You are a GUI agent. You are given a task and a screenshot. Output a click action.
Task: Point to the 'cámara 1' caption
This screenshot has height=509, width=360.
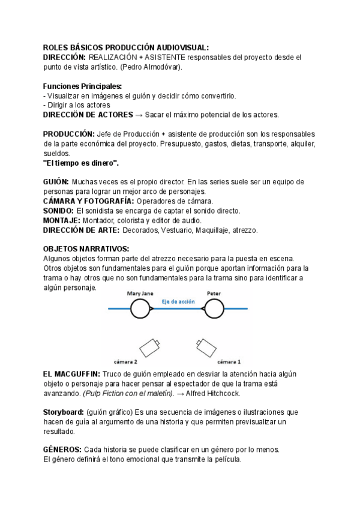click(x=229, y=362)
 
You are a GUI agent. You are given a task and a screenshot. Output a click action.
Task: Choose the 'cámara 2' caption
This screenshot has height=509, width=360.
click(x=126, y=362)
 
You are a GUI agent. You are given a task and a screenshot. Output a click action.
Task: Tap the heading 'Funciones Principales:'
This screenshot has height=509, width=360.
click(x=82, y=86)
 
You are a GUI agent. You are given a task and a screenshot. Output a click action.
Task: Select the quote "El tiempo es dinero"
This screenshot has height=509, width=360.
click(x=81, y=163)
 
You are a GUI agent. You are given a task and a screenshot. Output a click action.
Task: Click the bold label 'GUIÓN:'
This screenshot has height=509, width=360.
click(x=56, y=182)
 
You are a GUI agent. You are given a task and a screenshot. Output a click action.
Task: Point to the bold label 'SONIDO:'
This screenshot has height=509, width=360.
click(x=59, y=211)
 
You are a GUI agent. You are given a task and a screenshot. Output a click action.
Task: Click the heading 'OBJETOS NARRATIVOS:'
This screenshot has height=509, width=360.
click(x=86, y=249)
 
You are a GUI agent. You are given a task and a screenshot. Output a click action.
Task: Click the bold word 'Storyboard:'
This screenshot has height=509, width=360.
click(x=63, y=412)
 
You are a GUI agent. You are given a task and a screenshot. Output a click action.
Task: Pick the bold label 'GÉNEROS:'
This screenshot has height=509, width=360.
click(x=62, y=450)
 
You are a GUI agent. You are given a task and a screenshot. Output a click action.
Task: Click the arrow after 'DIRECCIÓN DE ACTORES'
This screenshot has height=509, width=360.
click(x=139, y=115)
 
